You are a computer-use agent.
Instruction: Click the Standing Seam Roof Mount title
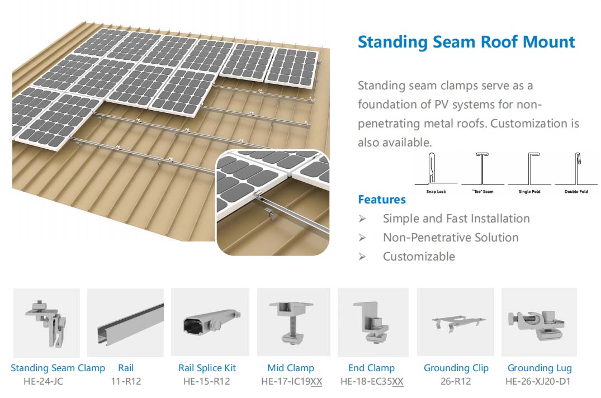point(466,42)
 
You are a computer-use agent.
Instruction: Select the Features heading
point(382,200)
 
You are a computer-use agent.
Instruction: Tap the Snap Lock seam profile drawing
point(432,169)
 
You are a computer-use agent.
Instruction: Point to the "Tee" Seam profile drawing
point(482,169)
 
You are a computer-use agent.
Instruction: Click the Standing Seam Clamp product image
point(47,323)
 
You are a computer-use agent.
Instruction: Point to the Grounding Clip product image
point(455,322)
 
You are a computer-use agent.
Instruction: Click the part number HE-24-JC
point(43,382)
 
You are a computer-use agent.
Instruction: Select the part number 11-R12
point(126,382)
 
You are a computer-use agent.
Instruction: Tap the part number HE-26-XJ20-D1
point(538,382)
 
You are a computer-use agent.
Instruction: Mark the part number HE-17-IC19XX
point(292,382)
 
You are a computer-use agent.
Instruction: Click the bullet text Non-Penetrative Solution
point(451,238)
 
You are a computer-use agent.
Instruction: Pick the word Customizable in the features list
point(419,256)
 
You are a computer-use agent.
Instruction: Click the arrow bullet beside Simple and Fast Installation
point(362,219)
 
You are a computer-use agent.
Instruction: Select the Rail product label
point(126,368)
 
